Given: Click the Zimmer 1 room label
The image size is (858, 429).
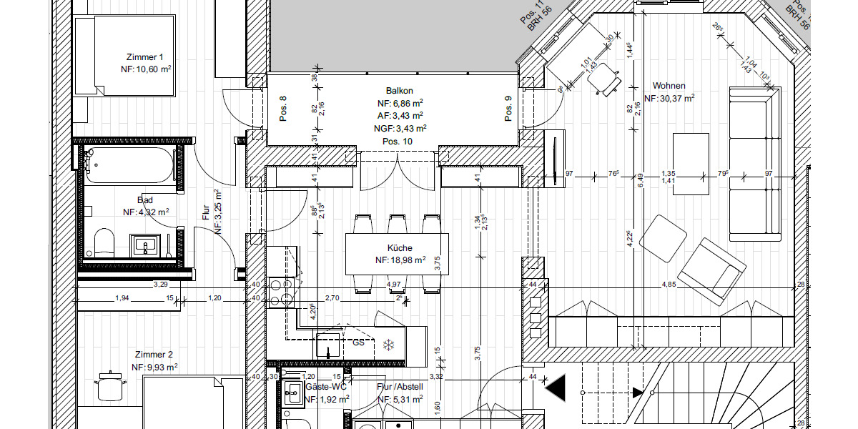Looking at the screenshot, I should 145,56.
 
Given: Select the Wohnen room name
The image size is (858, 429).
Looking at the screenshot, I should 669,86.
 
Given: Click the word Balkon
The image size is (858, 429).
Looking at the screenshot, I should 399,91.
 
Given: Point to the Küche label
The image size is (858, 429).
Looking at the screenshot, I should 400,248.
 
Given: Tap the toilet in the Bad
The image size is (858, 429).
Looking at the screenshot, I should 104,244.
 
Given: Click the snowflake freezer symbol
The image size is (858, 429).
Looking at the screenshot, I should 389,345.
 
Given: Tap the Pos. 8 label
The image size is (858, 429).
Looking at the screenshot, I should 283,109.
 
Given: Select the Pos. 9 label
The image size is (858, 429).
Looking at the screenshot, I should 508,109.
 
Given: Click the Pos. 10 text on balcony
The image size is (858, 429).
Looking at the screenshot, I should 398,142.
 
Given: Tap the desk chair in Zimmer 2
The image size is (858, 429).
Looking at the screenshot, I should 110,387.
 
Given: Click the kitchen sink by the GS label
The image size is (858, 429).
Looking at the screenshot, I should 329,346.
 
